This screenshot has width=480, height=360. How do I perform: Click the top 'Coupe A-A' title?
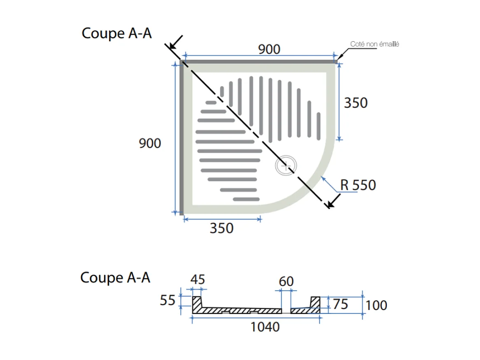(117, 33)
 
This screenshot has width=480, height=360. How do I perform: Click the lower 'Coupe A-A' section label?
(115, 278)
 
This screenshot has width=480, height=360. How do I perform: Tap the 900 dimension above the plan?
(269, 49)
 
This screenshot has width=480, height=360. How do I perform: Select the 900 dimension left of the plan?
(150, 143)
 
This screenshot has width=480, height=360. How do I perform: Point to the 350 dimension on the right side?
(356, 103)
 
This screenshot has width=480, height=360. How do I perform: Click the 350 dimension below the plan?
(221, 228)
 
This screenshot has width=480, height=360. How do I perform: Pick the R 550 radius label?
(358, 185)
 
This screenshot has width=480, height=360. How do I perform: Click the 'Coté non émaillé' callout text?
(374, 44)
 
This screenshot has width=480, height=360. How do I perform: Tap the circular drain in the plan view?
(286, 166)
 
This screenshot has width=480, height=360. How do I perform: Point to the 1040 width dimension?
(265, 327)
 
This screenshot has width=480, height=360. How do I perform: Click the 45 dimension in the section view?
(198, 280)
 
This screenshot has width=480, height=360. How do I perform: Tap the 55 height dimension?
(168, 301)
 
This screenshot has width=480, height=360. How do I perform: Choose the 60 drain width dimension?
(286, 281)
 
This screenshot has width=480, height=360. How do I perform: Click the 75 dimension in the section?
(340, 304)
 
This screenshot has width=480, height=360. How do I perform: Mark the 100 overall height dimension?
(376, 305)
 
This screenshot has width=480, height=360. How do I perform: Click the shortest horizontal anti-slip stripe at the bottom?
(246, 199)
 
